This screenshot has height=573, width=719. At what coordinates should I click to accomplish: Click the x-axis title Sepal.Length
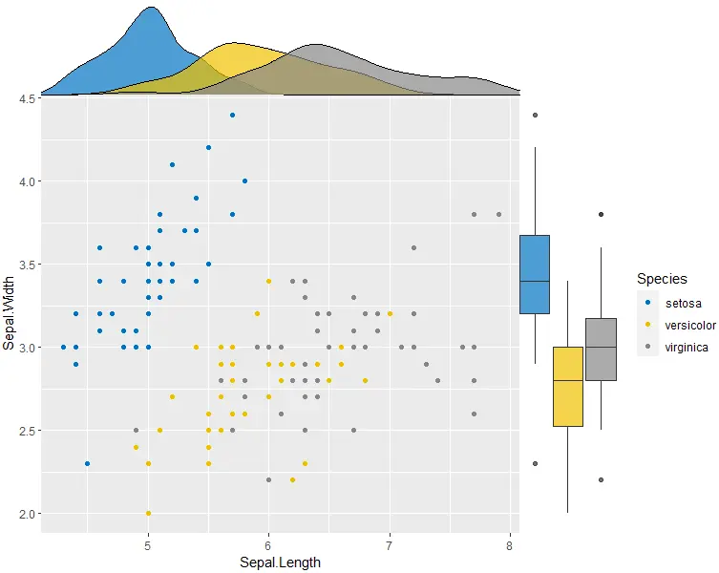280,562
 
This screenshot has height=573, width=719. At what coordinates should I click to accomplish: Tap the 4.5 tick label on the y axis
27,97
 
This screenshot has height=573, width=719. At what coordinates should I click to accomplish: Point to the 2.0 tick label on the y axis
27,514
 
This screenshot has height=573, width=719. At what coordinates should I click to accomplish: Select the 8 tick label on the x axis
510,546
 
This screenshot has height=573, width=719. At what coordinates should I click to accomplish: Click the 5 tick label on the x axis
148,546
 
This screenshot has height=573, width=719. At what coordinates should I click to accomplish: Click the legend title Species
663,279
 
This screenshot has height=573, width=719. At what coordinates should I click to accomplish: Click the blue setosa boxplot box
535,274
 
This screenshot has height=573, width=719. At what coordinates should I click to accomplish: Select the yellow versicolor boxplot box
568,386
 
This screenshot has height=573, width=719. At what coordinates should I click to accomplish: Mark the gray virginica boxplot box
601,349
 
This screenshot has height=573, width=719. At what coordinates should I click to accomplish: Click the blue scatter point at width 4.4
232,115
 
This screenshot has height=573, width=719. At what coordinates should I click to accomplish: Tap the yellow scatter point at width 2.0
148,514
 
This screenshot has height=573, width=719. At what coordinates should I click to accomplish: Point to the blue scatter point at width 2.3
88,463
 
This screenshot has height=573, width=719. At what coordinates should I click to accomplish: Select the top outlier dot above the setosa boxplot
535,115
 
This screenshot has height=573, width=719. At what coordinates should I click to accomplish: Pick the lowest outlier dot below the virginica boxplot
601,479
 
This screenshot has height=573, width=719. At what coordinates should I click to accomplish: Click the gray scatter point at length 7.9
498,215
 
